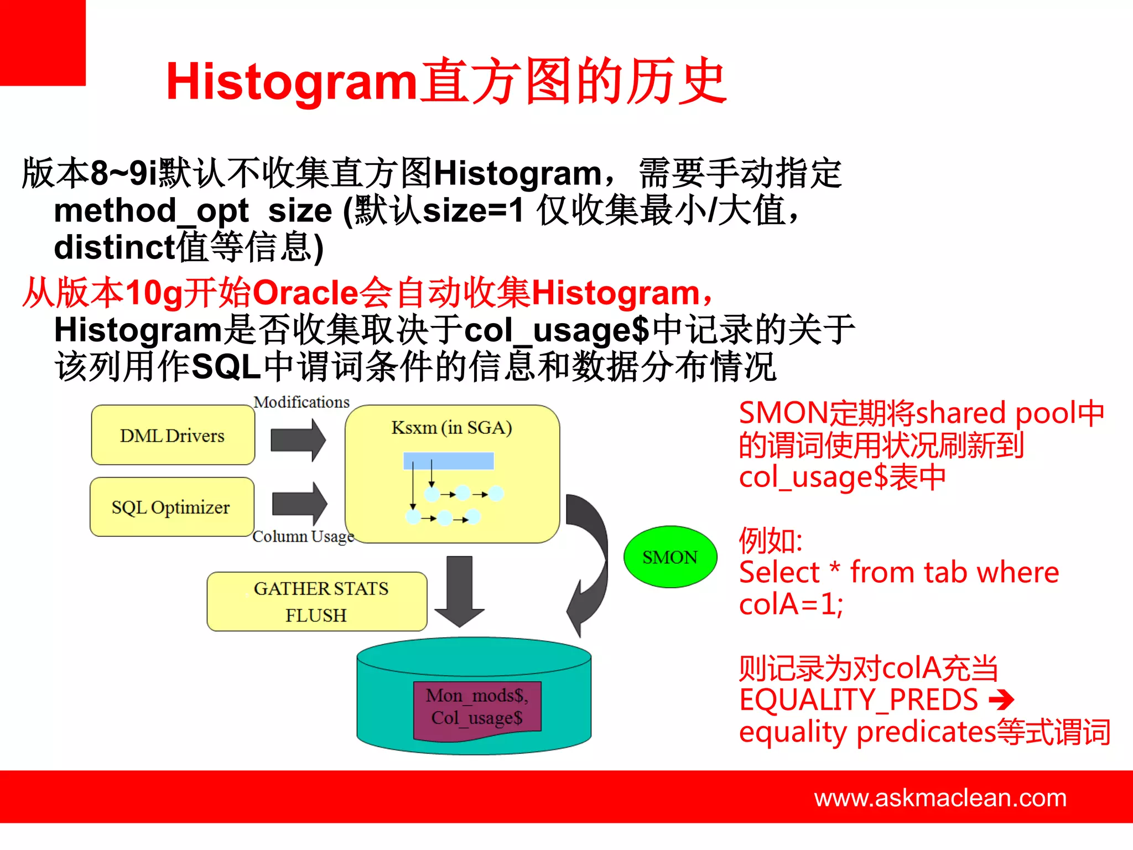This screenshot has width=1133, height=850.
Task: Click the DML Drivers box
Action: [x=173, y=435]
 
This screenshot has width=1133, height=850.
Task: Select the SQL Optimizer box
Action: [x=171, y=507]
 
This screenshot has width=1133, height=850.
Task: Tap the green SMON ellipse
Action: [x=670, y=557]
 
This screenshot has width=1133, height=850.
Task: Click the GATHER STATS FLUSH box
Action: [x=316, y=602]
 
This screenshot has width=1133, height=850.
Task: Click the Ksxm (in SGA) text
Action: [x=451, y=428]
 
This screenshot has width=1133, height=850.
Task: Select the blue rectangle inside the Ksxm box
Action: [x=448, y=460]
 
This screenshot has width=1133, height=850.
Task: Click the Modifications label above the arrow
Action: [x=302, y=402]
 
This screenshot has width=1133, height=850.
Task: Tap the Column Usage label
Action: [x=303, y=536]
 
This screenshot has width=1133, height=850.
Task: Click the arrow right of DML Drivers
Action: [x=299, y=440]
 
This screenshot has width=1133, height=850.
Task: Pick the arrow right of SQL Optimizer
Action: [x=300, y=504]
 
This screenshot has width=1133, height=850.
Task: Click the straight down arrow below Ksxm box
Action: [x=460, y=591]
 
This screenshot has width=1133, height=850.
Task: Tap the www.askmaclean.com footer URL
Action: [x=940, y=798]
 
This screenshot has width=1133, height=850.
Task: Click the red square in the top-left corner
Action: [x=43, y=43]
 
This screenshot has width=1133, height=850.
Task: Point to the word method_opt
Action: [x=151, y=211]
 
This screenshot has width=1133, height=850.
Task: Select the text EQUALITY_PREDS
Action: [x=859, y=700]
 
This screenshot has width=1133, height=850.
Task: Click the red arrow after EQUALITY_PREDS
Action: [x=1001, y=700]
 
